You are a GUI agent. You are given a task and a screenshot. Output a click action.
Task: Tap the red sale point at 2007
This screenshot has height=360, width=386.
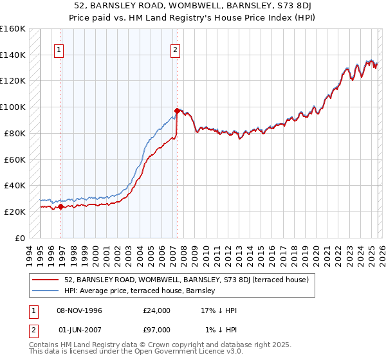tap(177, 111)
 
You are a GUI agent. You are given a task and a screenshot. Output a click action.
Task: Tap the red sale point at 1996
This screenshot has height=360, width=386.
tap(61, 206)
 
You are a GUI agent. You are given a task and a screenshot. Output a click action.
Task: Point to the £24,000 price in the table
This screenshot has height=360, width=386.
tap(157, 310)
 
